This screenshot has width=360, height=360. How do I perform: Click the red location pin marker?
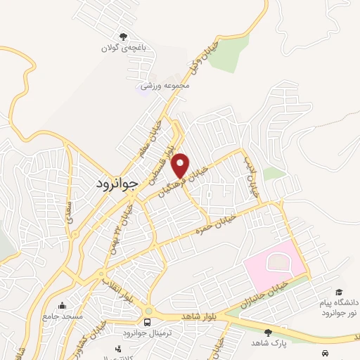click(x=181, y=165)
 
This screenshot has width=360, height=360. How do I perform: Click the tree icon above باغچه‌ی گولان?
click(x=124, y=37)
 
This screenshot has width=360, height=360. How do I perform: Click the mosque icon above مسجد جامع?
click(x=63, y=306)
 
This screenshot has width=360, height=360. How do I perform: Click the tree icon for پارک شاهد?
click(x=267, y=332)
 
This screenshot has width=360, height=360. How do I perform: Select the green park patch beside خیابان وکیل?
click(x=228, y=53)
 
